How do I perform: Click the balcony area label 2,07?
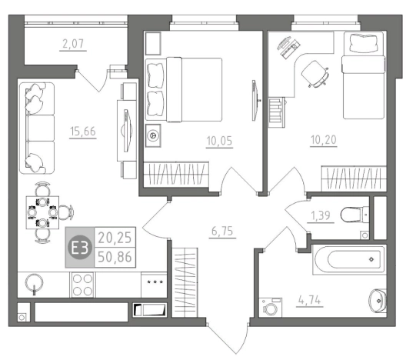(73, 44)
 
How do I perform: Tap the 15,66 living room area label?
(83, 131)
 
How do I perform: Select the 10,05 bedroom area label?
(219, 141)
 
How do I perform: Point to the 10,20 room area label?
(324, 140)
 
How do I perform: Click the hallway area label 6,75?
(222, 231)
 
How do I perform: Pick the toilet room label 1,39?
(321, 215)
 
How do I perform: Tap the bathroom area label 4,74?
(310, 300)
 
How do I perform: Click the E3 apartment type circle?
(80, 248)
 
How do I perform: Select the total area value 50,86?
(115, 257)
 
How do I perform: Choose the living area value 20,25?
(115, 238)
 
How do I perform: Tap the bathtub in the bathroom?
(349, 259)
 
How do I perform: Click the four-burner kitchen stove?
(82, 285)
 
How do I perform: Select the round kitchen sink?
(34, 283)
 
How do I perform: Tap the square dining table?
(42, 212)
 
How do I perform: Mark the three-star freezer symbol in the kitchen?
(155, 282)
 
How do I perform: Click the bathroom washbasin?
(378, 301)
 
